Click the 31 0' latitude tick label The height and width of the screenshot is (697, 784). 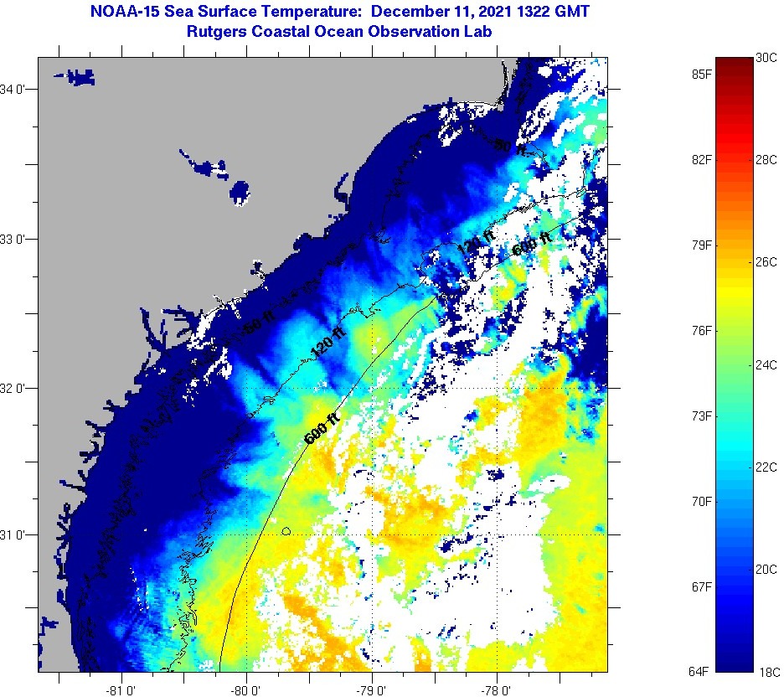(x=16, y=534)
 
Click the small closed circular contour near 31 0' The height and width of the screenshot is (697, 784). (x=286, y=530)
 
